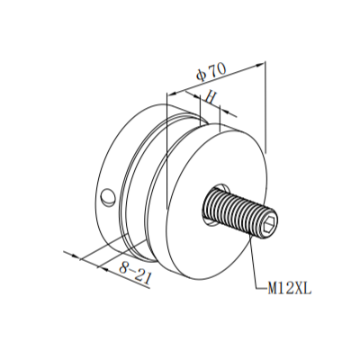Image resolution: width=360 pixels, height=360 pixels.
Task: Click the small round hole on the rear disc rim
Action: [108, 194]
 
